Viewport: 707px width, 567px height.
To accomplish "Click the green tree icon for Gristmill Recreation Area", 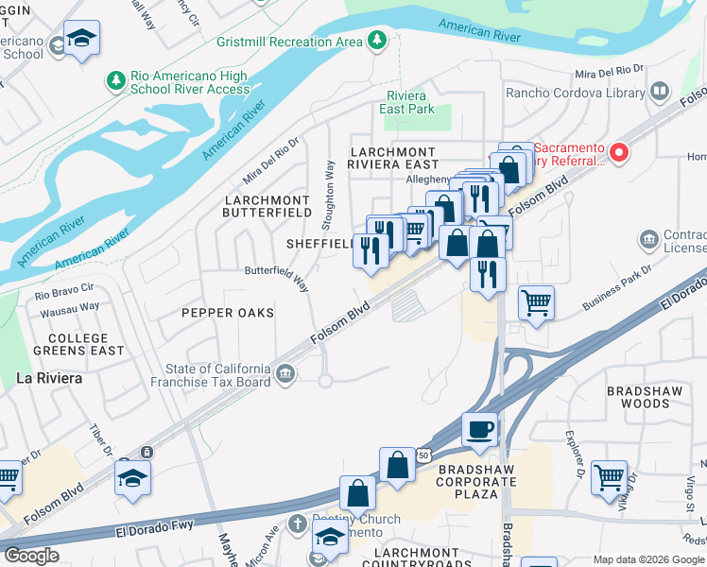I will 377,40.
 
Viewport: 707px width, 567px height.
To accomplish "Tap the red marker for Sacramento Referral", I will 619,152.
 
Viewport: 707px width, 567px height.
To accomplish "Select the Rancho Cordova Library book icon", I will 660,93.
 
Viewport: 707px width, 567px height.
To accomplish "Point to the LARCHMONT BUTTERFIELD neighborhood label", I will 267,206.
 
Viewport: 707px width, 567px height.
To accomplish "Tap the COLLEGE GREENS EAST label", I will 73,344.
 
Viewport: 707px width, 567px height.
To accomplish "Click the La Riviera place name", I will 49,378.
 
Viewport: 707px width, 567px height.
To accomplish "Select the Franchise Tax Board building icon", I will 285,375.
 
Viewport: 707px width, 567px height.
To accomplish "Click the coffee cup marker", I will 480,429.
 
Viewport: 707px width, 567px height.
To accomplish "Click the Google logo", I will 31,556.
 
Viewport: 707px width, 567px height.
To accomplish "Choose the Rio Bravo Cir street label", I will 65,292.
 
